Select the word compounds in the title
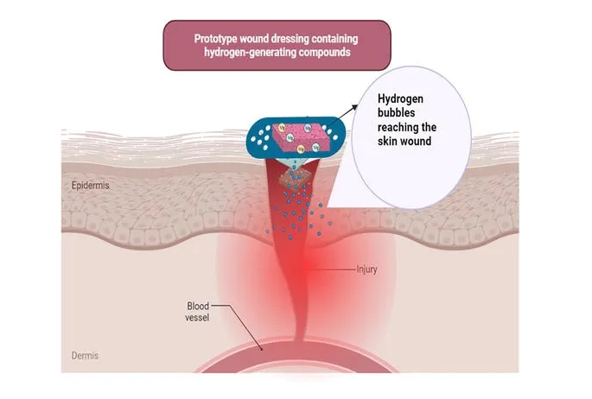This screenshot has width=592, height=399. pos(321,52)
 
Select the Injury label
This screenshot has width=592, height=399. pos(366,269)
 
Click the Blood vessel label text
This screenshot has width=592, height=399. pos(198,311)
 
